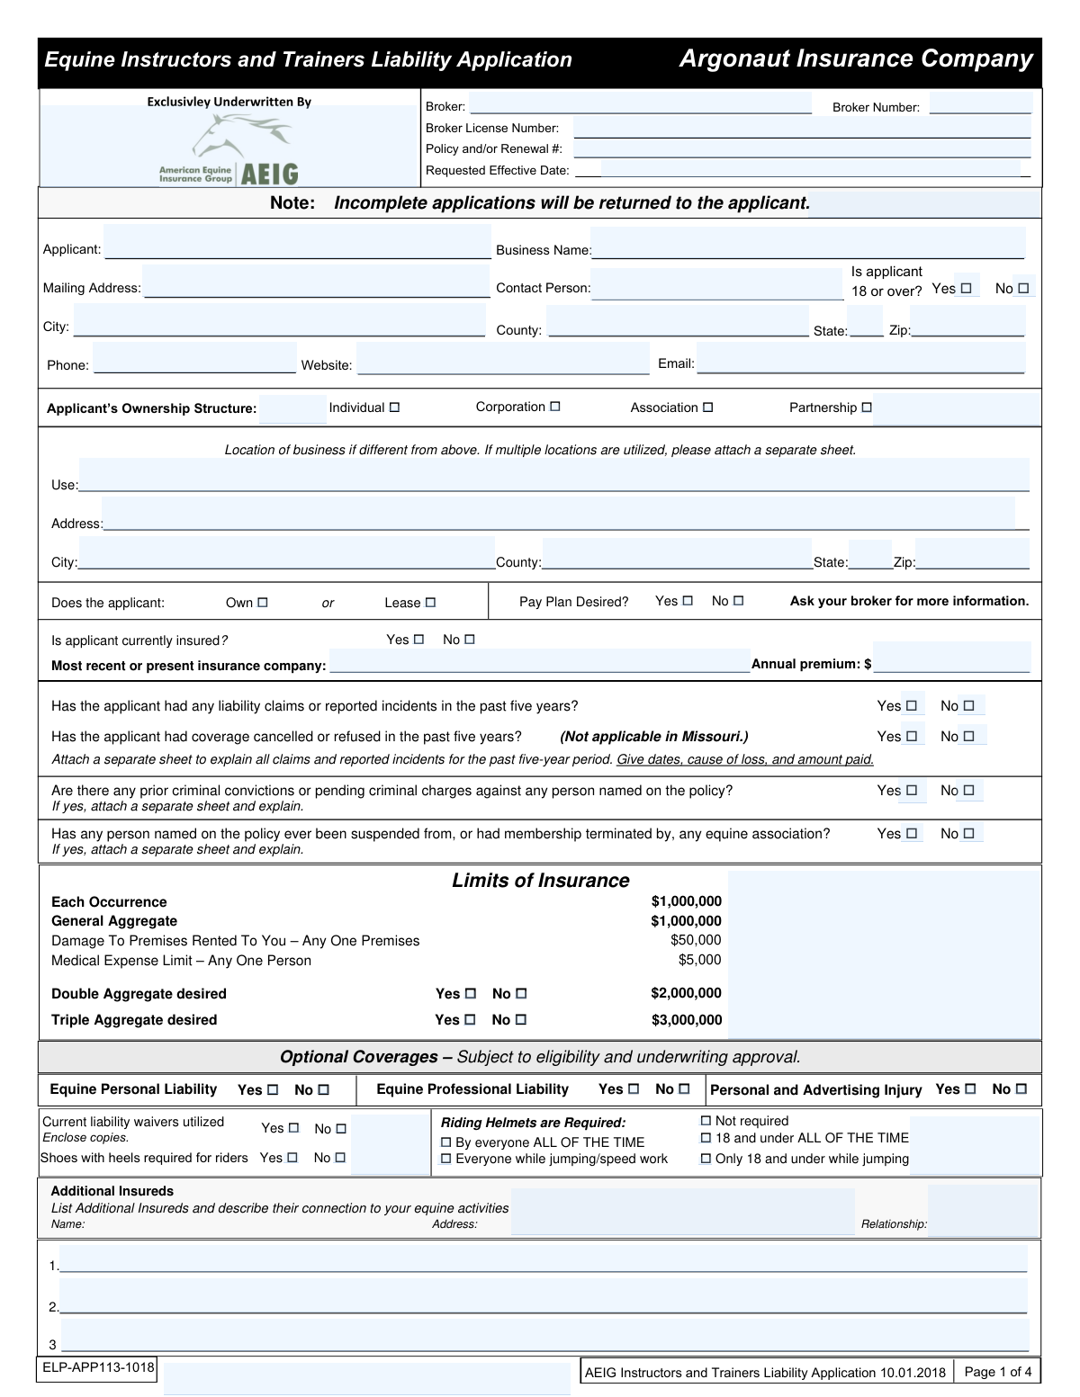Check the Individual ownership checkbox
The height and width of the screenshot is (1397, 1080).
pyautogui.click(x=394, y=407)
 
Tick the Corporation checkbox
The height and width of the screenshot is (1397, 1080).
pyautogui.click(x=555, y=407)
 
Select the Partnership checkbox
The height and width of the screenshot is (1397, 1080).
pyautogui.click(x=867, y=407)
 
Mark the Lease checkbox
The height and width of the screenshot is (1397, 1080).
pyautogui.click(x=430, y=603)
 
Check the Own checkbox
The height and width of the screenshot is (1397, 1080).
pyautogui.click(x=263, y=603)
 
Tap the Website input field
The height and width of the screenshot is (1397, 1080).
pyautogui.click(x=502, y=362)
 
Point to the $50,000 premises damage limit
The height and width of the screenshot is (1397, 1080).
pyautogui.click(x=696, y=940)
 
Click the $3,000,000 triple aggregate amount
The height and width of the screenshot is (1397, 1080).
pyautogui.click(x=687, y=1020)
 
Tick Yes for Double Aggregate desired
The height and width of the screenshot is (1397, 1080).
pyautogui.click(x=471, y=994)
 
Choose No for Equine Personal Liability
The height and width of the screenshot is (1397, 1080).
pyautogui.click(x=324, y=1090)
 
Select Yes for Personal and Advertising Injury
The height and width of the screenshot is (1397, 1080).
pyautogui.click(x=970, y=1089)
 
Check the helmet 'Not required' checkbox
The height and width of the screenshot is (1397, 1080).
pyautogui.click(x=706, y=1121)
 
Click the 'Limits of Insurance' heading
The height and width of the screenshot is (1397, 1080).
pyautogui.click(x=541, y=881)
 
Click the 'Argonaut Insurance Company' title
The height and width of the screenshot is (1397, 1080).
pyautogui.click(x=856, y=59)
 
